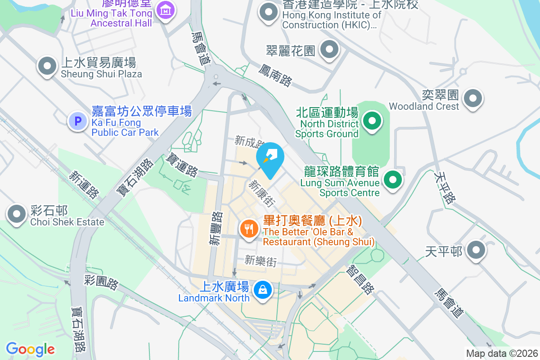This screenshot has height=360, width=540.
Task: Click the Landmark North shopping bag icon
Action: coord(262,289)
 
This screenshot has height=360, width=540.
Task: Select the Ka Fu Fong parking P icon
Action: coord(77,121)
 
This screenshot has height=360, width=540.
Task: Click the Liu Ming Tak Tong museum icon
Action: coord(166,9)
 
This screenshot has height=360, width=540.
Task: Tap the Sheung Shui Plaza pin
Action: coord(47,66)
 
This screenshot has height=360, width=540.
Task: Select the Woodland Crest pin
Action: coord(473,98)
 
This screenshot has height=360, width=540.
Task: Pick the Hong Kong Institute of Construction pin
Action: coord(269,12)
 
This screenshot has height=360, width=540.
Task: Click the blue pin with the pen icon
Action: coord(270,157)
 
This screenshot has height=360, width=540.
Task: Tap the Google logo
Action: coord(31,349)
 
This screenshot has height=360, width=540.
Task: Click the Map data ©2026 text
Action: coord(502,354)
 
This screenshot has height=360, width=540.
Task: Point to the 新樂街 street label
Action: coord(261,261)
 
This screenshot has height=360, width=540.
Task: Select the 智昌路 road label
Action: coord(360,279)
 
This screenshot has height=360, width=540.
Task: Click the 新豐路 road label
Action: coord(216,229)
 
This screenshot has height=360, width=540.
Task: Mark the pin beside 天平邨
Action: coord(475,250)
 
